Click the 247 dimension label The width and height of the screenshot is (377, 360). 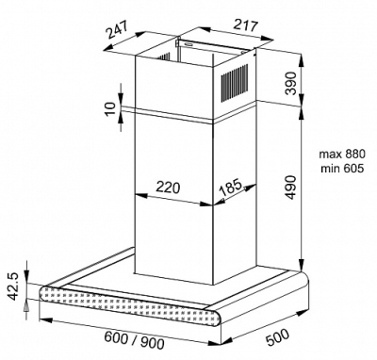117,30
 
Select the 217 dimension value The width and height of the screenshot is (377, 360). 245,25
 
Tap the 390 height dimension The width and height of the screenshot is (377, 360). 290,83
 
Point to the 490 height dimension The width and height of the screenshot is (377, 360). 290,188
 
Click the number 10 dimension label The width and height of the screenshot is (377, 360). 110,109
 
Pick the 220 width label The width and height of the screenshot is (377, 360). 168,188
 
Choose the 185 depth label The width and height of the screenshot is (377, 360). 230,188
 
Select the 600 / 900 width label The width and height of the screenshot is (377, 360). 134,340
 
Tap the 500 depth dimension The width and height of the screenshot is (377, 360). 277,337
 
